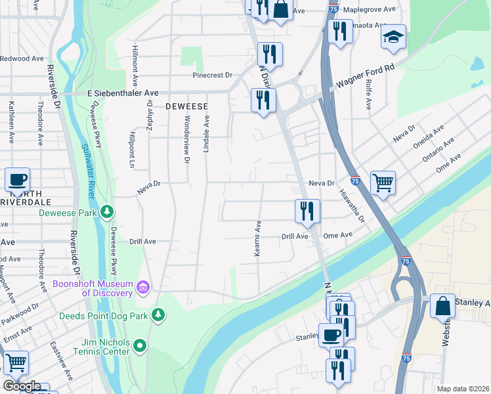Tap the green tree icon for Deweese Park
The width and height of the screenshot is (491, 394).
pyautogui.click(x=106, y=212)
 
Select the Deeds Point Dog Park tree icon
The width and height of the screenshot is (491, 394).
pyautogui.click(x=158, y=316)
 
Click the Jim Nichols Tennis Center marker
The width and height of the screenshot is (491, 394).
pyautogui.click(x=140, y=345)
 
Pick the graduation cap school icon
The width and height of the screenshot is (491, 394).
pyautogui.click(x=393, y=37)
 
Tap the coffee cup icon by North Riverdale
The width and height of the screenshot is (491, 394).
pyautogui.click(x=18, y=179)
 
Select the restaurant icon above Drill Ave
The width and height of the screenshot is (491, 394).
pyautogui.click(x=307, y=211)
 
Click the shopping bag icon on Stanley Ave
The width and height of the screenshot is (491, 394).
pyautogui.click(x=443, y=306)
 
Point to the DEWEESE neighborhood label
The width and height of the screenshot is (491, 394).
pyautogui.click(x=186, y=106)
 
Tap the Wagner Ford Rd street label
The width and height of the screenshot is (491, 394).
pyautogui.click(x=366, y=76)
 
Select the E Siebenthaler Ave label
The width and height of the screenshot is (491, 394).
pyautogui.click(x=123, y=94)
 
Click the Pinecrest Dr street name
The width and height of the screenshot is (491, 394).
pyautogui.click(x=212, y=75)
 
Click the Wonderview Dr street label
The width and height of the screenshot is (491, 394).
pyautogui.click(x=186, y=139)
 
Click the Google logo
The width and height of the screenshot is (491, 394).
pyautogui.click(x=21, y=387)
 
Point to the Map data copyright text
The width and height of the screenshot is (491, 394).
pyautogui.click(x=463, y=389)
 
